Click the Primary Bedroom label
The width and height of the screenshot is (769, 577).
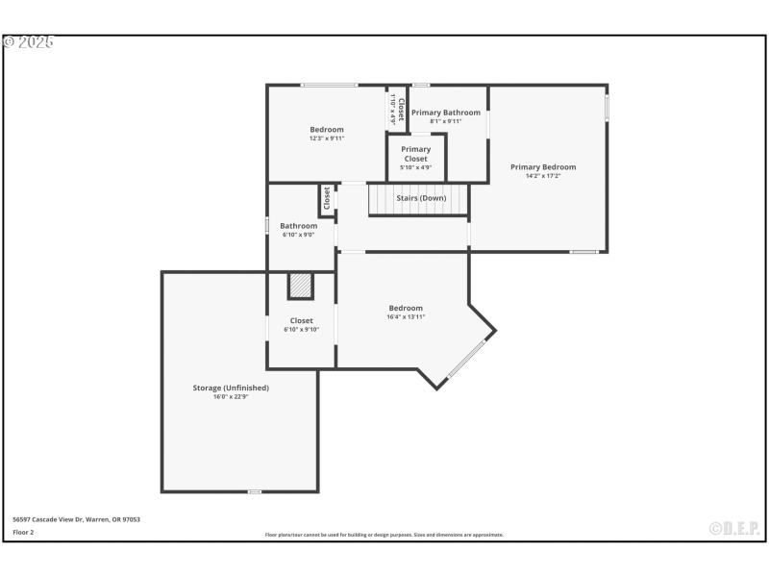tap(543, 166)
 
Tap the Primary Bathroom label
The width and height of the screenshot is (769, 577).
tap(446, 113)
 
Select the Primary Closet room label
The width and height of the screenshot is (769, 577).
tap(416, 154)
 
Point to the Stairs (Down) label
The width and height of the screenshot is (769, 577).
tap(421, 198)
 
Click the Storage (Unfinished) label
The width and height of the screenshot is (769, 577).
tap(231, 388)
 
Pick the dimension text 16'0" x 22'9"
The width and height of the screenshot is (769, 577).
tap(231, 396)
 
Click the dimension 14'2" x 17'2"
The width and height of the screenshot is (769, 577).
tap(543, 176)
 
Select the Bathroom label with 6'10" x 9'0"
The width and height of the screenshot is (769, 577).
tap(299, 226)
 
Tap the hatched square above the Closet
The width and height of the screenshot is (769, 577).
tap(301, 286)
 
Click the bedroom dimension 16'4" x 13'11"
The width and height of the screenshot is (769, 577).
tap(406, 316)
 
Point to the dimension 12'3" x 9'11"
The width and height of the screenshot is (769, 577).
tap(327, 138)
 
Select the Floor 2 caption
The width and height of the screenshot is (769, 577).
tap(23, 532)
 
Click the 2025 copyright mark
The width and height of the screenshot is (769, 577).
tap(29, 42)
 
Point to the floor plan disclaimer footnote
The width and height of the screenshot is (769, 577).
tap(384, 535)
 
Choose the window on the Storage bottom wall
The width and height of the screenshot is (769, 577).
tap(255, 491)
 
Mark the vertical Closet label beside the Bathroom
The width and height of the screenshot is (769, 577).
tap(327, 199)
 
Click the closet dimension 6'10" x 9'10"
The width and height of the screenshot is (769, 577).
tap(301, 329)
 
